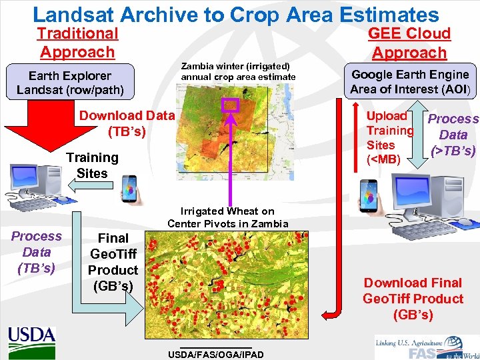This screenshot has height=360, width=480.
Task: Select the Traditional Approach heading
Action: point(77,43)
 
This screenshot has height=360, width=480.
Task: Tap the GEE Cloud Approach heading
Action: point(409,43)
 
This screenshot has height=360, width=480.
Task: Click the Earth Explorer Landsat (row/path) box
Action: point(70,82)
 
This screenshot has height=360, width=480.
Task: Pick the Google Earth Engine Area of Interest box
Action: point(410,81)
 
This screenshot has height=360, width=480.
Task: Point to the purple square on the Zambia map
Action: point(230,105)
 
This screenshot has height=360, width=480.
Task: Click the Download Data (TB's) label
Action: point(127,123)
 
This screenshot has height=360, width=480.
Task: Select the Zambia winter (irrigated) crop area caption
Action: point(238,71)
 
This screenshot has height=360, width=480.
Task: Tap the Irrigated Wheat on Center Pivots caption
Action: point(227,217)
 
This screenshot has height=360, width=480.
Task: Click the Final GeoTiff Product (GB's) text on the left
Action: point(113,262)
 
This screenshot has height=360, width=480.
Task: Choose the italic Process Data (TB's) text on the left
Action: point(36,252)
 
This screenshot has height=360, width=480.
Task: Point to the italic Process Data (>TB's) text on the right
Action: point(453,135)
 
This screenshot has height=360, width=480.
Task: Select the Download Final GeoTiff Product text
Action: point(413,299)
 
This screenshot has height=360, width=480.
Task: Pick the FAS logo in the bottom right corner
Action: point(427,346)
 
